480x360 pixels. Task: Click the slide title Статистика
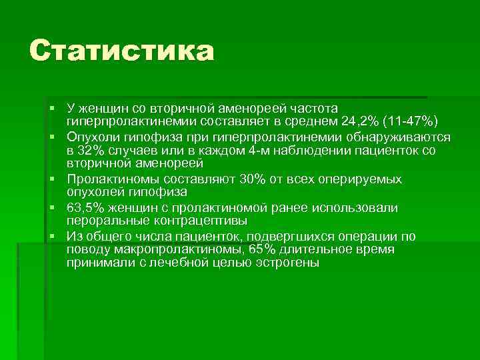pyautogui.click(x=121, y=52)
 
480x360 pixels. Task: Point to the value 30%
pyautogui.click(x=232, y=179)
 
